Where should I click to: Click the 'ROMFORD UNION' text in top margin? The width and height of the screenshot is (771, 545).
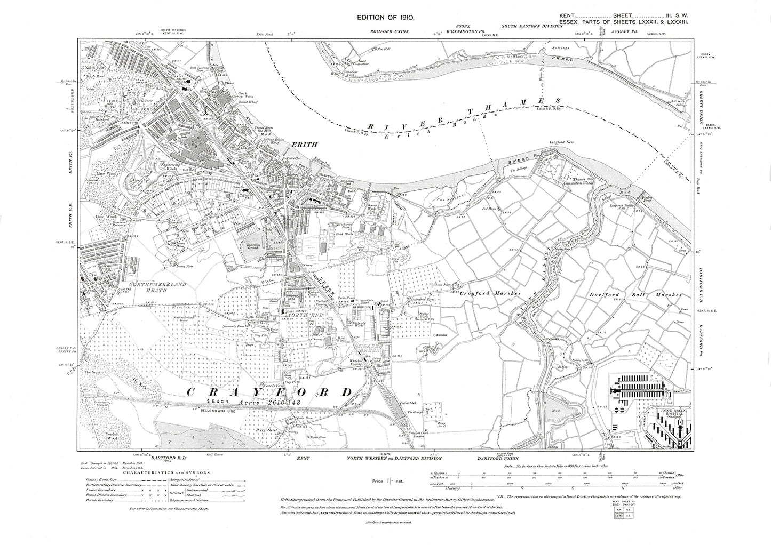(x=390, y=31)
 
